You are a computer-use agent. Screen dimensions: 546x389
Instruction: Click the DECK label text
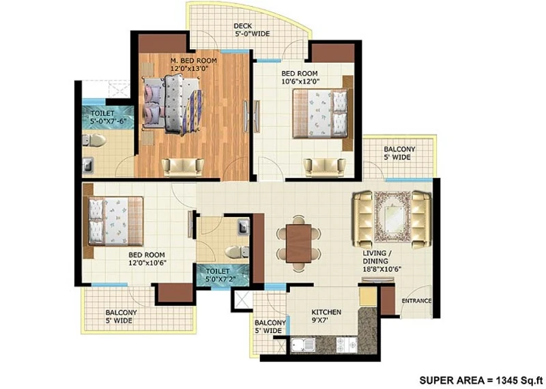(243, 26)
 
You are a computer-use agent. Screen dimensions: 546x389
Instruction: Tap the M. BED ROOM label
(194, 61)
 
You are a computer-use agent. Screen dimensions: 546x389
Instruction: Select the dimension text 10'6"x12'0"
(300, 82)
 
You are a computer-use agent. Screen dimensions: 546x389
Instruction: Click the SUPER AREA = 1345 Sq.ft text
(481, 380)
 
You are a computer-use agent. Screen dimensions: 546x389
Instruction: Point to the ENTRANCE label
(416, 301)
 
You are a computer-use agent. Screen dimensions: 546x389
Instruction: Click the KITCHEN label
(326, 312)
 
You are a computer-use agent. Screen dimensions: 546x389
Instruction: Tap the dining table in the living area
(299, 244)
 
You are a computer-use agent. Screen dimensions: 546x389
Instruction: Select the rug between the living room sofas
(393, 216)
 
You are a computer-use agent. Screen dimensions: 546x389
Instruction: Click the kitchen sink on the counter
(302, 345)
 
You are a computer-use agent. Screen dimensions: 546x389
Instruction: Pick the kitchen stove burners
(347, 345)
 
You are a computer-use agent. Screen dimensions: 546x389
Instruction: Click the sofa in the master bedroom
(182, 167)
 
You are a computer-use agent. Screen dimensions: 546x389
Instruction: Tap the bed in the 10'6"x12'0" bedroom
(320, 113)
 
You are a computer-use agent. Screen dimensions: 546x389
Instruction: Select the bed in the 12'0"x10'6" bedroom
(115, 221)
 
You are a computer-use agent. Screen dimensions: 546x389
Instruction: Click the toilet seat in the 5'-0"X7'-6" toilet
(94, 140)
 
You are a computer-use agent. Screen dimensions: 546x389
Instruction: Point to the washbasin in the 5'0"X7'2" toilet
(244, 227)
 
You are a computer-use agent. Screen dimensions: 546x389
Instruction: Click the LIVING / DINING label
(375, 257)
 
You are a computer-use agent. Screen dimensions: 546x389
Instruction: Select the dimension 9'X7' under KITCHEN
(320, 320)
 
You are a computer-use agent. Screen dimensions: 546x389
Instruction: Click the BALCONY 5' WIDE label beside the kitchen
(270, 327)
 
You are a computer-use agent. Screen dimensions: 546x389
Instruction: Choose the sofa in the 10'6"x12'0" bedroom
(325, 167)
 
